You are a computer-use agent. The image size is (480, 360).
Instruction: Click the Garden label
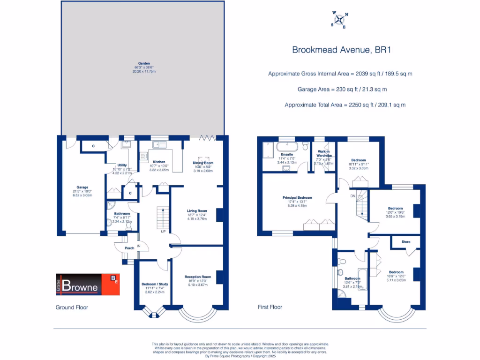(x=143, y=63)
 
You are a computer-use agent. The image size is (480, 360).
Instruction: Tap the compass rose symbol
(x=340, y=19)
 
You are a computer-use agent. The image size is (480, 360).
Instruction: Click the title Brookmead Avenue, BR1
(x=341, y=50)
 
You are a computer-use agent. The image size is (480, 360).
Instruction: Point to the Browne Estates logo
(x=88, y=284)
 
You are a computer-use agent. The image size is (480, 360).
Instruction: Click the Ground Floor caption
(x=72, y=307)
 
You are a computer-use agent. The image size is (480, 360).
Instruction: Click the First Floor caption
(x=270, y=307)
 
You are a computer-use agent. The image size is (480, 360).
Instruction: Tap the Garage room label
(x=82, y=187)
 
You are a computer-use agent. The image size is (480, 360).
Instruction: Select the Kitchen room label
(x=159, y=162)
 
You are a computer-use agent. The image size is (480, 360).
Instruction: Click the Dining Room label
(x=203, y=163)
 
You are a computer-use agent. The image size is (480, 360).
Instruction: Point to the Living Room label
(x=196, y=211)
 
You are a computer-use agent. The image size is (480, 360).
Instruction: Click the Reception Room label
(x=197, y=277)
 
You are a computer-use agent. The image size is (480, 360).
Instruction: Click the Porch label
(x=129, y=248)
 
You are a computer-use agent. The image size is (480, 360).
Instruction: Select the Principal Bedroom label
(x=297, y=198)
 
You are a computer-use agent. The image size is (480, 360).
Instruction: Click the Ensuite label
(x=286, y=154)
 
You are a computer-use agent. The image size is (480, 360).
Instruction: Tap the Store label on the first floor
(x=406, y=242)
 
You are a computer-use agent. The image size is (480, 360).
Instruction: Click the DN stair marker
(x=352, y=195)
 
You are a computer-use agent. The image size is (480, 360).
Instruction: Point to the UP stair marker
(x=163, y=232)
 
